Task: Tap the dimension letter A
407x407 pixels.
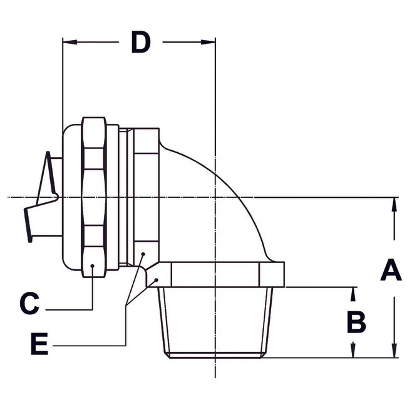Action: click(392, 272)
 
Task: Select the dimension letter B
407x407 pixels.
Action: click(356, 322)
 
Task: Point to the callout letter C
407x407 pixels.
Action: click(29, 304)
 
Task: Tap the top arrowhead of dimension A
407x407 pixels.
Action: click(394, 203)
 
